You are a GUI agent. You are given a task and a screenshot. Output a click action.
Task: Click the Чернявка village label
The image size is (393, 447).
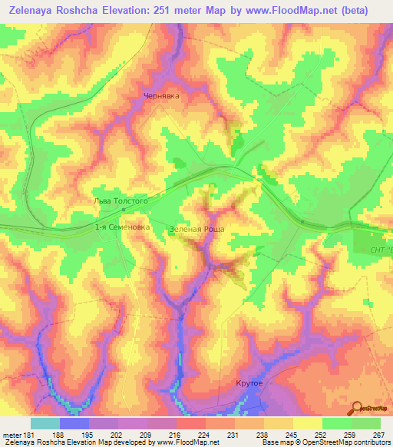coord(161,96)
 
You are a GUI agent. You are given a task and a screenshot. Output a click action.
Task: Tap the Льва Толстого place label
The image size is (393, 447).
coord(115,200)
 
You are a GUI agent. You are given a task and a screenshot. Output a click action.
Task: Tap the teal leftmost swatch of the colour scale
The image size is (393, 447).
coord(45,423)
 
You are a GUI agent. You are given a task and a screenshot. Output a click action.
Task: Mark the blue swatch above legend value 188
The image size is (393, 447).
coord(74,423)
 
